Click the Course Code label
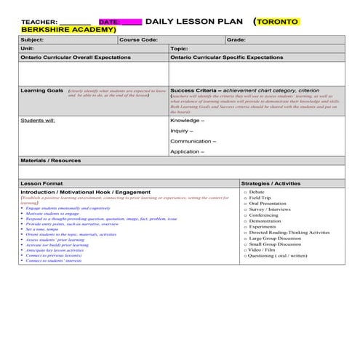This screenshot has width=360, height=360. point(138,39)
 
